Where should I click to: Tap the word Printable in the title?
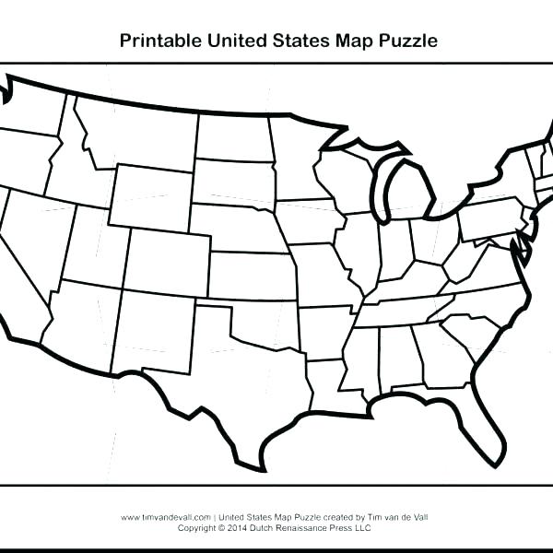[157, 41]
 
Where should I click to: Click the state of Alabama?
[397, 355]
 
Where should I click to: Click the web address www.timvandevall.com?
[166, 518]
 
